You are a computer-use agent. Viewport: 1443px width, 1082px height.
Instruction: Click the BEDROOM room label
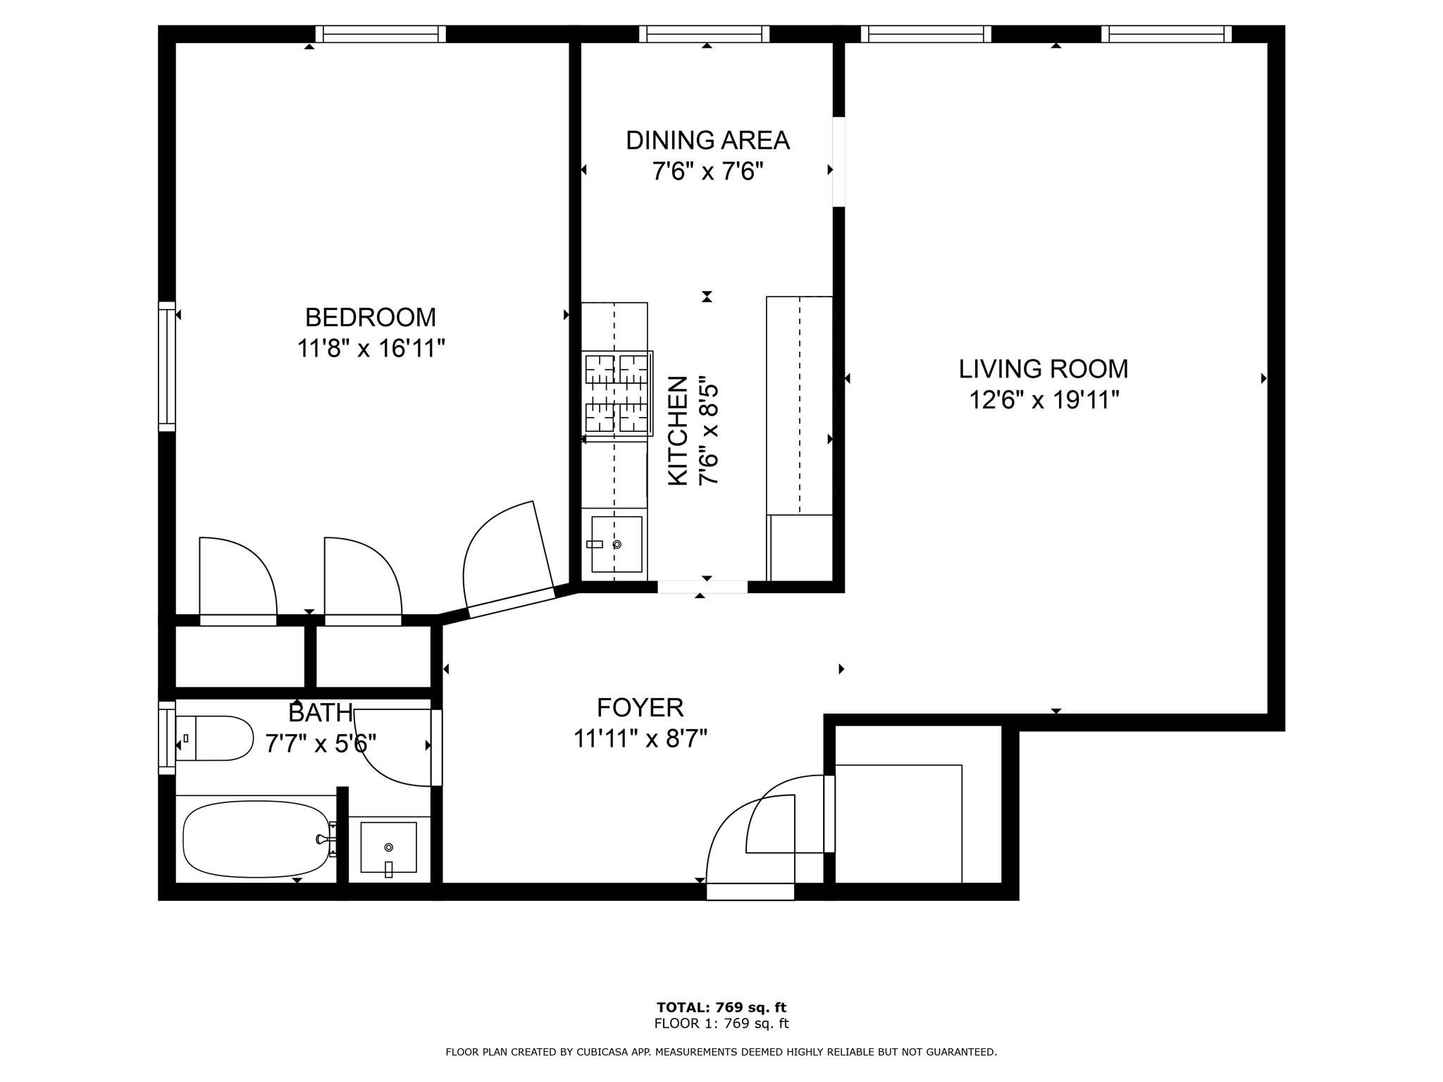(x=371, y=318)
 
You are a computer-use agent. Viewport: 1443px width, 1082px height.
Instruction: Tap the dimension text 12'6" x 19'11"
(x=1043, y=400)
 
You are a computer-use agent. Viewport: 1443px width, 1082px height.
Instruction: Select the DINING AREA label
(x=707, y=140)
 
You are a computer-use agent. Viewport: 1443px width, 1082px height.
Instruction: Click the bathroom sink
(x=388, y=847)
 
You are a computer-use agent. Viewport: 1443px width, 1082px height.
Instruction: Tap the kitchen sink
(x=617, y=544)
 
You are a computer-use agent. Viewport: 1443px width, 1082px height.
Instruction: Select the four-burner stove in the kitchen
(x=617, y=392)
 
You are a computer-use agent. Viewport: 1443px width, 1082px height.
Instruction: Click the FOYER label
(x=640, y=707)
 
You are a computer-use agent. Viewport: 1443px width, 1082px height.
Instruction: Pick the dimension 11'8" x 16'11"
(x=371, y=348)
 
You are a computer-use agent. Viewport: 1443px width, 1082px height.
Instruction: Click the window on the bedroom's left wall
(x=166, y=366)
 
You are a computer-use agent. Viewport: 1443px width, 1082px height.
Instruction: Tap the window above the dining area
(x=705, y=34)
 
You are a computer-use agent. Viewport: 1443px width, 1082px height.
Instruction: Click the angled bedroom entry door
(x=509, y=556)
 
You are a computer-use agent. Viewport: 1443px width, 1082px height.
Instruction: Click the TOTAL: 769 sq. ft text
(x=721, y=1007)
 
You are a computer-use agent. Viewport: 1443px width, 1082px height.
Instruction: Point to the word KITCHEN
(x=677, y=430)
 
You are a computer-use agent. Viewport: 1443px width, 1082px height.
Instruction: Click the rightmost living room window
(x=1167, y=34)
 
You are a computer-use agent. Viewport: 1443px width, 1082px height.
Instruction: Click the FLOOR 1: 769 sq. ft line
(x=721, y=1024)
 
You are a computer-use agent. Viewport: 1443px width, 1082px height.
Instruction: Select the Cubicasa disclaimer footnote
(x=721, y=1052)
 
